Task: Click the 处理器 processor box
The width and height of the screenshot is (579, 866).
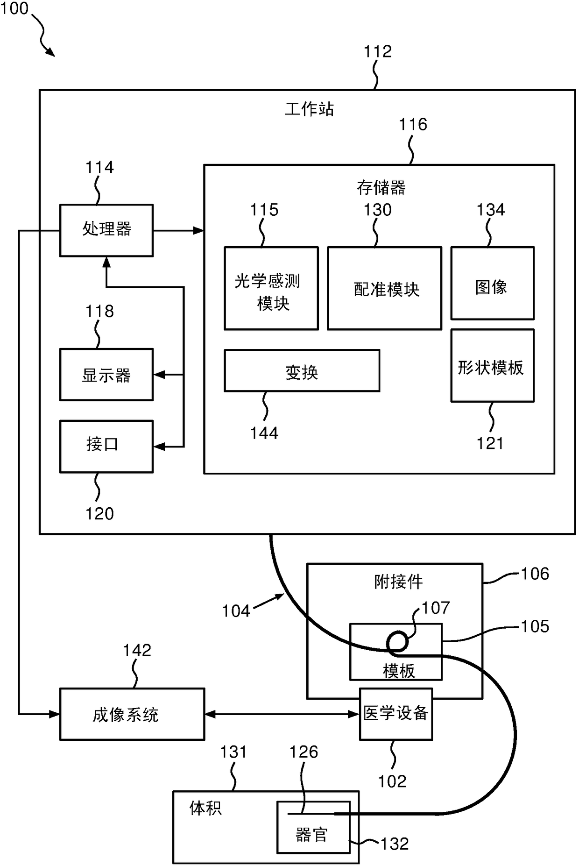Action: (x=106, y=230)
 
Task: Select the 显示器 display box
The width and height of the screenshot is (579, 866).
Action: (x=106, y=375)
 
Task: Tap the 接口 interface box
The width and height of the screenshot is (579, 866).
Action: (x=106, y=447)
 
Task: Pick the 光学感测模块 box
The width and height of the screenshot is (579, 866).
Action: (x=271, y=288)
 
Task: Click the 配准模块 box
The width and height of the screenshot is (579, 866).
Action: (x=384, y=288)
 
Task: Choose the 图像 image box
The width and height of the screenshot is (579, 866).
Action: (x=492, y=283)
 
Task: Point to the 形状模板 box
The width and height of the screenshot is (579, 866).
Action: (x=492, y=366)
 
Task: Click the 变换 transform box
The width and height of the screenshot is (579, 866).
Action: (x=302, y=371)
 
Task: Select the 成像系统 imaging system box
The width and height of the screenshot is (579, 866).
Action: (x=132, y=714)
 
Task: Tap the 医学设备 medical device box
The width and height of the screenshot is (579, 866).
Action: (x=395, y=714)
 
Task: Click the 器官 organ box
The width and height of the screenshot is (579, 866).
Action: (x=313, y=827)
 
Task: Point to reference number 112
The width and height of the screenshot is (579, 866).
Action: (x=378, y=51)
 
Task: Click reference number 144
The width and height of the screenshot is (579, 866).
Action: (x=264, y=433)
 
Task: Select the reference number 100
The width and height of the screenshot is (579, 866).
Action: (x=14, y=8)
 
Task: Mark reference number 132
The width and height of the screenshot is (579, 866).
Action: (x=395, y=844)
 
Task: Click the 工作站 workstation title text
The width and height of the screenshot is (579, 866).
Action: (x=310, y=109)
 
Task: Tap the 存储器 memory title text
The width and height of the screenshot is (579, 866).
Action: (x=381, y=188)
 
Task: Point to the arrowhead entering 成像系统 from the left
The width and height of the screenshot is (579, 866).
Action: (x=54, y=714)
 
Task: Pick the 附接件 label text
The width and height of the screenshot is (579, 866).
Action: (x=398, y=582)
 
